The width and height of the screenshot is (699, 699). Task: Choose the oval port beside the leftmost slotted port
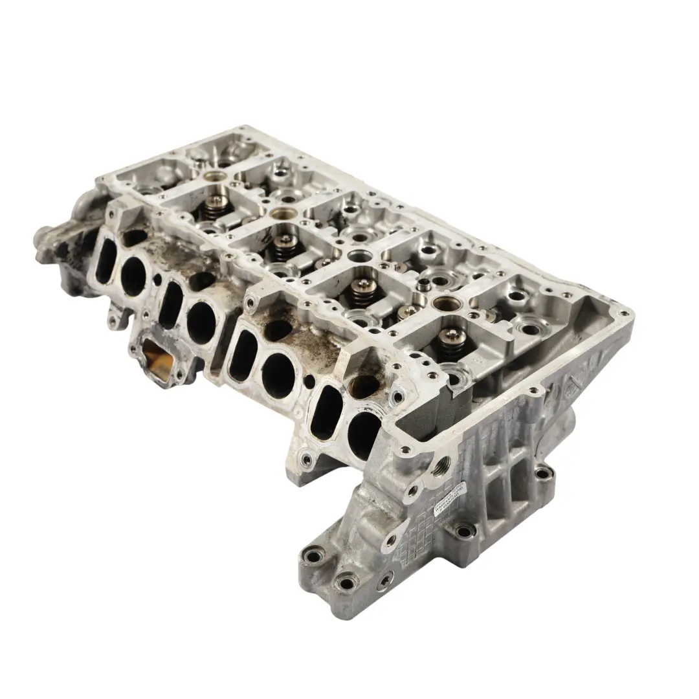[133, 276]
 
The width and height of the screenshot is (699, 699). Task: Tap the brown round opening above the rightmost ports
[365, 386]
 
